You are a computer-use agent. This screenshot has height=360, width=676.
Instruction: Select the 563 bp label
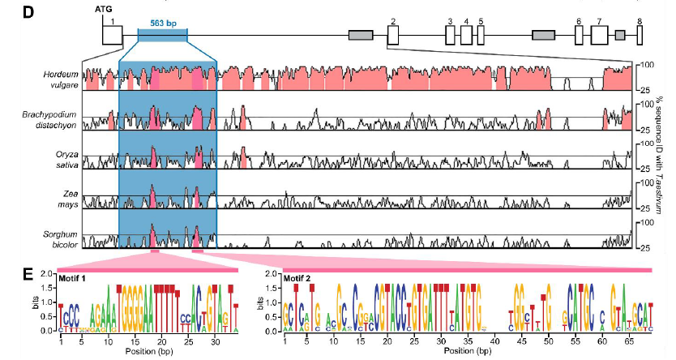(x=162, y=24)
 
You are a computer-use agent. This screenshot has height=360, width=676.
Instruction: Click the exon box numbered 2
(x=392, y=35)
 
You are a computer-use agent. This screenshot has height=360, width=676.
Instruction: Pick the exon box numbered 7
(x=599, y=35)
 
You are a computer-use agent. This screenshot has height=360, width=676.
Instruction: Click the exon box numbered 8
(x=640, y=35)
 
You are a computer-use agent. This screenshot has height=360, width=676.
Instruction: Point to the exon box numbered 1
(x=112, y=35)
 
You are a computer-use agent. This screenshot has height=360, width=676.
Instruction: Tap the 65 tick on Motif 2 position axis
(x=623, y=342)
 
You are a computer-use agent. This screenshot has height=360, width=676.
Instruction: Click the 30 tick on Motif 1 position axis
(x=212, y=342)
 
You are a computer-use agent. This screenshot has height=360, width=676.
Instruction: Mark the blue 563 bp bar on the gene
(x=162, y=35)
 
